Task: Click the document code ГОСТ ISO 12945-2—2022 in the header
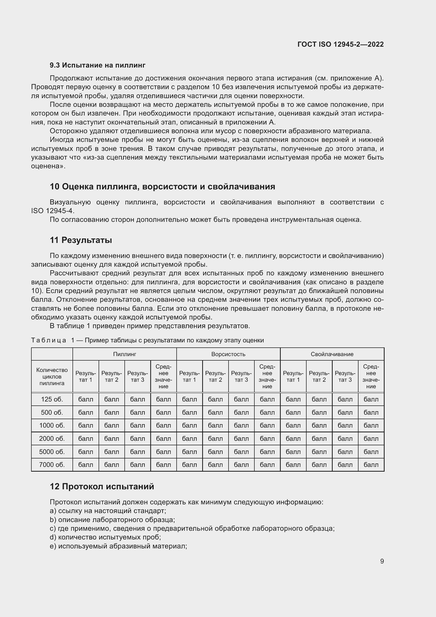340,44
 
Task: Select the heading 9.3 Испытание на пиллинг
98,65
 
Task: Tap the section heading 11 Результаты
81,240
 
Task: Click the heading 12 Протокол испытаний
102,487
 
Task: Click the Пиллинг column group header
125,354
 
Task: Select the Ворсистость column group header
228,354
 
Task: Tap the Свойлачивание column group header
332,354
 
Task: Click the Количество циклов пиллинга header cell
52,376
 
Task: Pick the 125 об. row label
52,399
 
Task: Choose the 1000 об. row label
52,425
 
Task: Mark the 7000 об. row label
52,465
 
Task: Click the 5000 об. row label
52,452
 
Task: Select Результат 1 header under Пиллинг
86,376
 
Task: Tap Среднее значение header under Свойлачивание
371,376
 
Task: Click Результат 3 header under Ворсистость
241,376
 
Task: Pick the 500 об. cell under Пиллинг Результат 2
112,413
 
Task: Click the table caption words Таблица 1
53,341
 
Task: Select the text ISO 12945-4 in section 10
53,211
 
